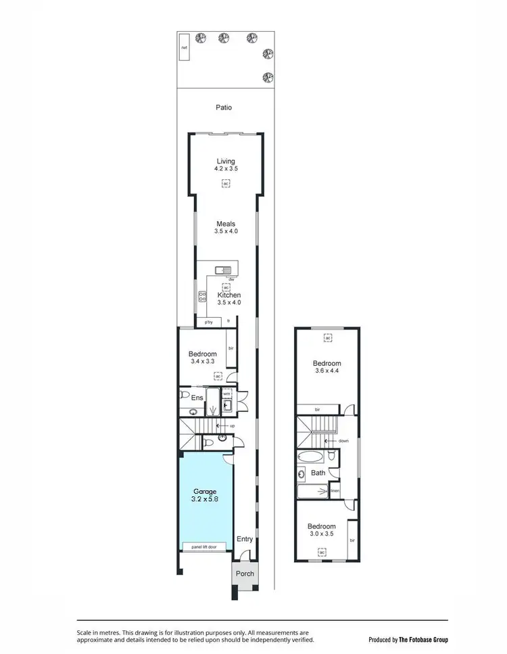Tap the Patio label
pos(224,107)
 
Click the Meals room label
pos(226,224)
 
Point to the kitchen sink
pos(223,271)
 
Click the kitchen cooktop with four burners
pos(201,296)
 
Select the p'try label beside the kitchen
pos(210,322)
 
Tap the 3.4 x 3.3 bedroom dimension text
pos(202,363)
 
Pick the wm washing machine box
pos(227,394)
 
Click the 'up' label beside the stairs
pos(232,426)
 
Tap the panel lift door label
pos(203,546)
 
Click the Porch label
pos(245,574)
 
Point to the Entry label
pos(244,539)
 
